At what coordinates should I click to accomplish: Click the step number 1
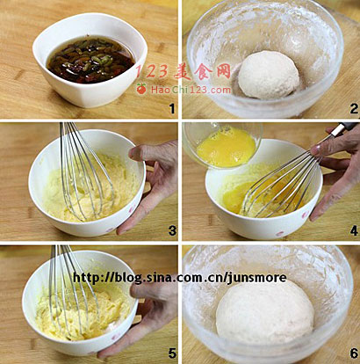coord(172,109)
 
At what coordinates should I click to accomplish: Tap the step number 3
coord(172,231)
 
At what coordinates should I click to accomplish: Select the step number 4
coord(354,231)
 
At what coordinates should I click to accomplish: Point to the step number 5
coord(172,353)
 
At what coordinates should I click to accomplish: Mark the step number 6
coord(354,353)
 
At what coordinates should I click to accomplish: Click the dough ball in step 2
coord(269,75)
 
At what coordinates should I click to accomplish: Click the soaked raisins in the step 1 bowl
coord(90,60)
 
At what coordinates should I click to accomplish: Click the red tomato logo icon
coord(141,89)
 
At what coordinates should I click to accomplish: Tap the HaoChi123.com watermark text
coord(191,90)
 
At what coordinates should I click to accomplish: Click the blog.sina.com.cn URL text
coord(179,278)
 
